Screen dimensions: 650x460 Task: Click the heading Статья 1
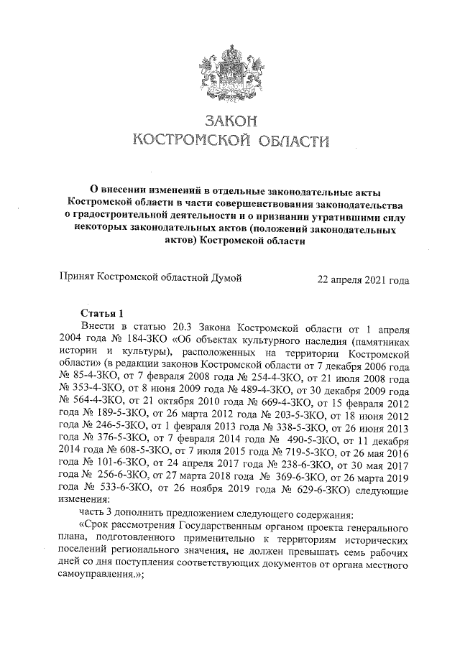tap(105, 312)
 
